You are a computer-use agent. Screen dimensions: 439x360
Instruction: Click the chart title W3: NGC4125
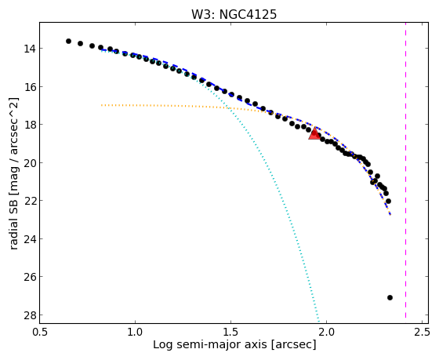(234, 14)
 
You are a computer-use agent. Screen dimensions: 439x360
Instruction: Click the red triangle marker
(314, 133)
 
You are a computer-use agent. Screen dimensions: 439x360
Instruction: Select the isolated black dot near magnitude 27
(390, 297)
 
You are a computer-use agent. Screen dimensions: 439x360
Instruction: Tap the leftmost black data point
(69, 42)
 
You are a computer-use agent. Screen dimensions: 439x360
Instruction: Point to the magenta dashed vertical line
(405, 173)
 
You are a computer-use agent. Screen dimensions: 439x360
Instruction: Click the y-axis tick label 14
(30, 49)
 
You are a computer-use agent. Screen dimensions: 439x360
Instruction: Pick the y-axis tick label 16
(30, 87)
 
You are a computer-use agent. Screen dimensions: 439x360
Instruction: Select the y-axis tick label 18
(30, 125)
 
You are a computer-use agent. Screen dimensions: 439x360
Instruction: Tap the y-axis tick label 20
(30, 163)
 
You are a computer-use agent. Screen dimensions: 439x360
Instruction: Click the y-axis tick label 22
(30, 201)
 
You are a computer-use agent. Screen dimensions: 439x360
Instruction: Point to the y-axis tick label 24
(30, 238)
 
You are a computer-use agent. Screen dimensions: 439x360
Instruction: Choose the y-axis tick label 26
(30, 277)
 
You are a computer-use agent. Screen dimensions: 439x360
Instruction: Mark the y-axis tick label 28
(30, 315)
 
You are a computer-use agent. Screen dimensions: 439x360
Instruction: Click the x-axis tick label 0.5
(40, 333)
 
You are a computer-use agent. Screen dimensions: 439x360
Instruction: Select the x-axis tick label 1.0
(135, 333)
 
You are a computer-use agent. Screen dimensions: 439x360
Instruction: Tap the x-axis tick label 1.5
(231, 333)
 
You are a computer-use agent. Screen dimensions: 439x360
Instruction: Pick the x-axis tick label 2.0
(327, 333)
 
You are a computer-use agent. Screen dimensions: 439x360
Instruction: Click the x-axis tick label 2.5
(423, 333)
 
